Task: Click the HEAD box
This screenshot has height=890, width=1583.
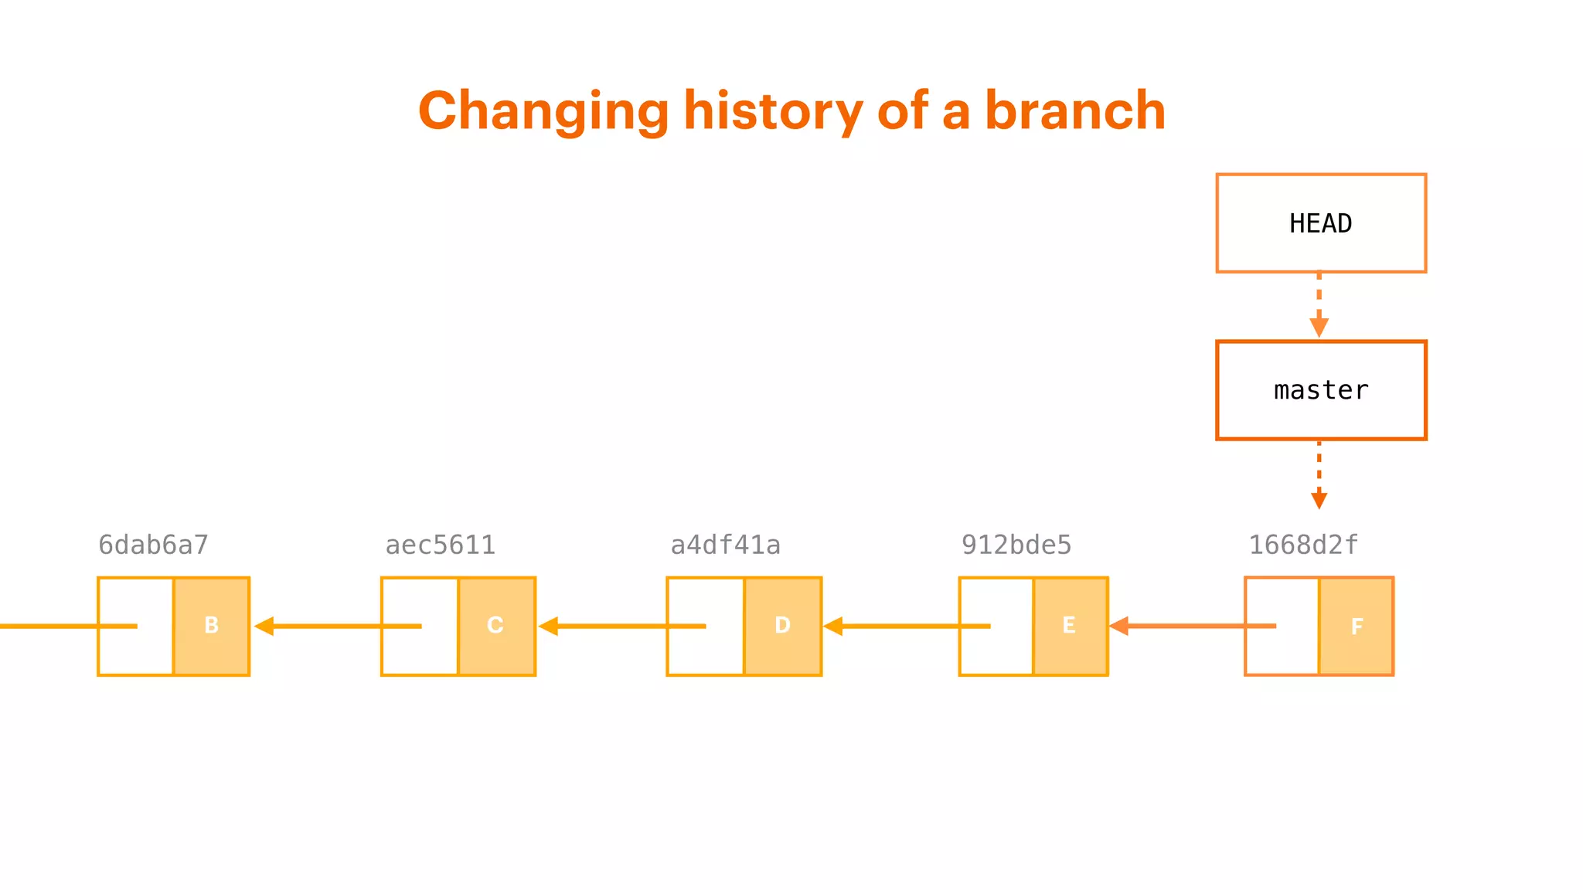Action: click(1320, 223)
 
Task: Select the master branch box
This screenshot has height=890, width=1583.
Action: click(1320, 390)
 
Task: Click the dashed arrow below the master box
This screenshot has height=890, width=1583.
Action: click(1319, 474)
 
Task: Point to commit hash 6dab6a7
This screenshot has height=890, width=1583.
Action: click(153, 545)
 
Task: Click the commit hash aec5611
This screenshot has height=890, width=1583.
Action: click(440, 545)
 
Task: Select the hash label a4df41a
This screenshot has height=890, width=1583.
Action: click(725, 545)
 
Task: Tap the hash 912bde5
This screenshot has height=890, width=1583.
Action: click(1016, 545)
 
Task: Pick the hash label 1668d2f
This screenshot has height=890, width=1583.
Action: click(1303, 545)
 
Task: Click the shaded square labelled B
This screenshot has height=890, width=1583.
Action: click(211, 626)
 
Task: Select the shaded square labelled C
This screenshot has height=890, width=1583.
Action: click(496, 626)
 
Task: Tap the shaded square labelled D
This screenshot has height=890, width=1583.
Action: click(782, 626)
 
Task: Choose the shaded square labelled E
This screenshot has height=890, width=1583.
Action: click(1070, 626)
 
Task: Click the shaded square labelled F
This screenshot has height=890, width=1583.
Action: click(1356, 627)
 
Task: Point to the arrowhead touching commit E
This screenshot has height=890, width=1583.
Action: click(1119, 626)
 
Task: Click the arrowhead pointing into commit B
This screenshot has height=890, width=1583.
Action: click(264, 626)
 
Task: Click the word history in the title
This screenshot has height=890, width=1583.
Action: click(773, 110)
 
